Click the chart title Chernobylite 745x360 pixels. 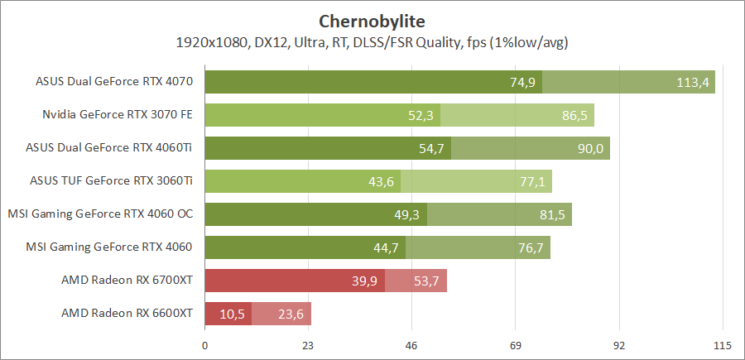tap(372, 20)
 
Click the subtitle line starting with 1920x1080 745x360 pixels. tap(372, 41)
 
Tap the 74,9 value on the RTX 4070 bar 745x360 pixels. tap(522, 82)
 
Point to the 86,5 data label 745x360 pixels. tap(574, 115)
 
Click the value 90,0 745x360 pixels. tap(590, 148)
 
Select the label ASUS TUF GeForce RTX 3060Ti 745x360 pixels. tap(111, 181)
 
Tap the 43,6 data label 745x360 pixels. tap(381, 181)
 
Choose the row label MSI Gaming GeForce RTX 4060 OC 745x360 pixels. tap(100, 214)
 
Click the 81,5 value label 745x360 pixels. tap(552, 214)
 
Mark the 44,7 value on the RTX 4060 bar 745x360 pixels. tap(386, 247)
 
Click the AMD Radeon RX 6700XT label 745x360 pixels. tap(127, 281)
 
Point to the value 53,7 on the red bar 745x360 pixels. tap(426, 281)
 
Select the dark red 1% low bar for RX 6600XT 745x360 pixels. tap(228, 314)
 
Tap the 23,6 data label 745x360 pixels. tap(291, 314)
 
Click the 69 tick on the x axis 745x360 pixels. tap(515, 344)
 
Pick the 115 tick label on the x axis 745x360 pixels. tap(723, 344)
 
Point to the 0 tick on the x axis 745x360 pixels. tap(204, 344)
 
